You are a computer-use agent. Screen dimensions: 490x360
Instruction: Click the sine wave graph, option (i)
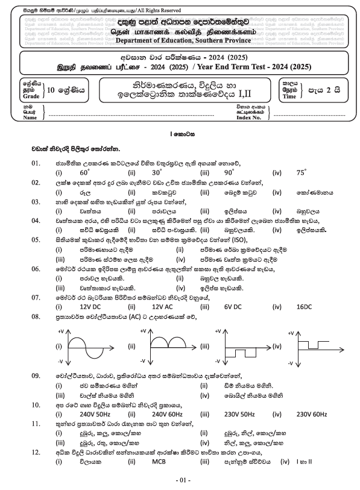tap(92, 347)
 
